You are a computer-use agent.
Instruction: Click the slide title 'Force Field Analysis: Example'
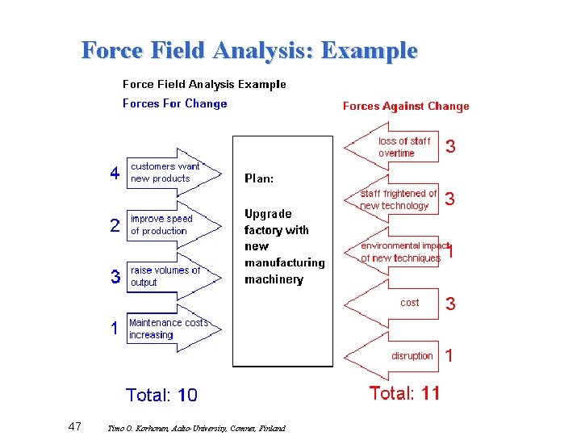[x=249, y=51]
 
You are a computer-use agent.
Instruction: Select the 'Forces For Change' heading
[x=174, y=103]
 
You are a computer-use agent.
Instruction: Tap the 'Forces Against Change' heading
[x=406, y=106]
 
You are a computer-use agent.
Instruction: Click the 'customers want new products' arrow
[x=172, y=172]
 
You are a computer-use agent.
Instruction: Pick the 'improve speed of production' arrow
[x=170, y=224]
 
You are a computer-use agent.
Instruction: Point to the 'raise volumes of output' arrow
[x=172, y=276]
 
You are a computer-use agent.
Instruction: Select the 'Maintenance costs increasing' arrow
[x=172, y=329]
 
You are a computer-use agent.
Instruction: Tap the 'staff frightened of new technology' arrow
[x=395, y=199]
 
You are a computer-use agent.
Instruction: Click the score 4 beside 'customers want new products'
[x=115, y=174]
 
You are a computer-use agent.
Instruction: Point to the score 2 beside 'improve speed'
[x=115, y=226]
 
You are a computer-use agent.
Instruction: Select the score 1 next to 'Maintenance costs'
[x=115, y=329]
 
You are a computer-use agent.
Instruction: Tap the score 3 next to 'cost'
[x=450, y=304]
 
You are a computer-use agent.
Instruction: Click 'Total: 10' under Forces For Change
[x=161, y=396]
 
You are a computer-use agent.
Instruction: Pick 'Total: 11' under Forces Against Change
[x=404, y=393]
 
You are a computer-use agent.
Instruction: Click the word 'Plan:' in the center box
[x=258, y=178]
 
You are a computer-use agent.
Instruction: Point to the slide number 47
[x=75, y=426]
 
